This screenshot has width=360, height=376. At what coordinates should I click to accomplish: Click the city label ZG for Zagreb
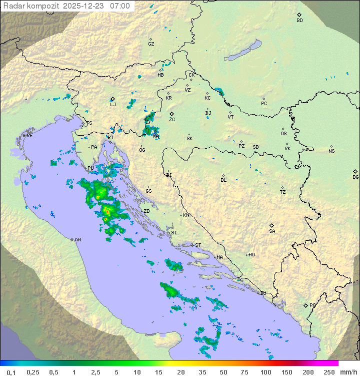(x=172, y=120)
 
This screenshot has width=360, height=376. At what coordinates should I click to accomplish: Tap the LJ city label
(x=113, y=104)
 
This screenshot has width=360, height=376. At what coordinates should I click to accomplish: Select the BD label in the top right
(x=299, y=21)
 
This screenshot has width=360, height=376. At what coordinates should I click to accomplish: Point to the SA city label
(x=272, y=231)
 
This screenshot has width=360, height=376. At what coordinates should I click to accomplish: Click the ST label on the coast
(x=198, y=245)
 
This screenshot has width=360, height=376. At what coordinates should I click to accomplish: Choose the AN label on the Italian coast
(x=77, y=240)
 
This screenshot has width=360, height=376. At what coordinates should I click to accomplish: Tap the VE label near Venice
(x=29, y=136)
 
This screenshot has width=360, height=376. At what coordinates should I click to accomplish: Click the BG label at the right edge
(x=355, y=177)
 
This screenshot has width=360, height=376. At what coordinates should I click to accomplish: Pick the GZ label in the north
(x=151, y=44)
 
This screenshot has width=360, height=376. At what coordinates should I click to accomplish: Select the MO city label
(x=251, y=255)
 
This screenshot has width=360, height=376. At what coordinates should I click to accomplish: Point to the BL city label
(x=223, y=180)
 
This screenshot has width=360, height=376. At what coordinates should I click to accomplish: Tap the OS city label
(x=283, y=134)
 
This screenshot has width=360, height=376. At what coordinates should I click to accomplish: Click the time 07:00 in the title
(x=120, y=6)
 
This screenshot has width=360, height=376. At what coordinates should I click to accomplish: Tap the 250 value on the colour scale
(x=329, y=372)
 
